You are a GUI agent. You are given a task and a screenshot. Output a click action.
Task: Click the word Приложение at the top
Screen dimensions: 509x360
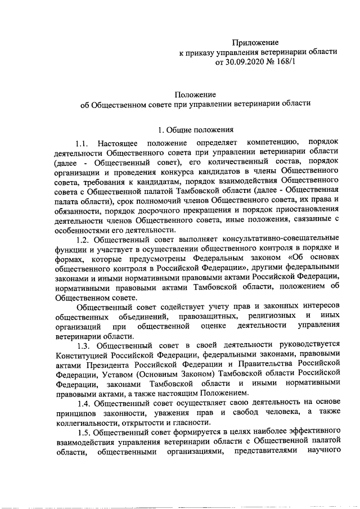(256, 42)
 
